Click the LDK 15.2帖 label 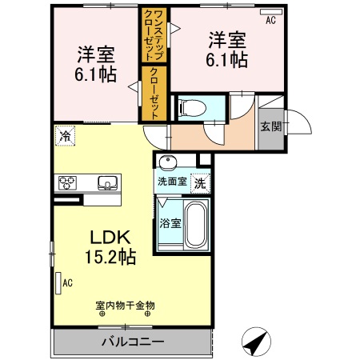pos(110,248)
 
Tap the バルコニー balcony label pos(132,342)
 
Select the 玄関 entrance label pos(270,126)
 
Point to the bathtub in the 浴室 pos(195,226)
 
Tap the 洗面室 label pos(171,182)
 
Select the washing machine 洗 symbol pos(199,182)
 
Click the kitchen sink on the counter pos(107,183)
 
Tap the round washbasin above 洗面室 pos(169,164)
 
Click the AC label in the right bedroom pos(270,20)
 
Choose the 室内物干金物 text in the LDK pos(124,305)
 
